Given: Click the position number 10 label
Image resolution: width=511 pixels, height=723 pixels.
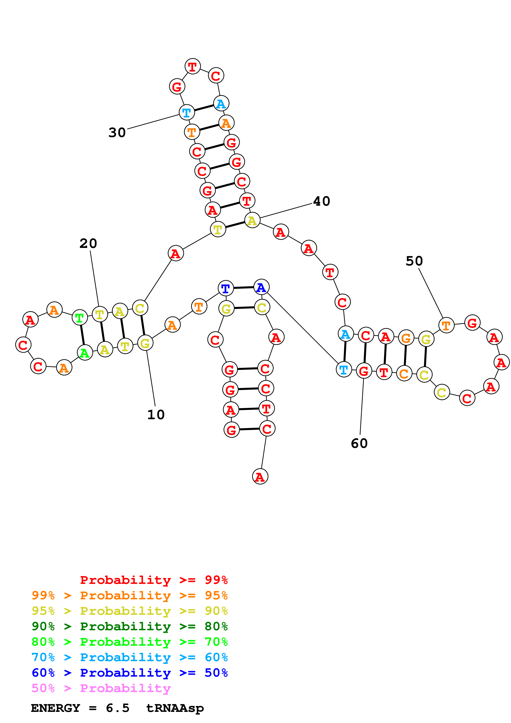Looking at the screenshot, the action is [156, 415].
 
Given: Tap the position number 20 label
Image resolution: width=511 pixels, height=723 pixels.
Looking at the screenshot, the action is [88, 243].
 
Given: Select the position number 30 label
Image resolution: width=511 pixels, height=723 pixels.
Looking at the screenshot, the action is [117, 133].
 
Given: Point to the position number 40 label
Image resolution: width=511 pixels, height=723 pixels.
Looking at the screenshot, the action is [321, 201].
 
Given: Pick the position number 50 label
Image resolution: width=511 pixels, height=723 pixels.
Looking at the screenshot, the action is [414, 261].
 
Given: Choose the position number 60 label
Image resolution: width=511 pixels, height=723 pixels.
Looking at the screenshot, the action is [359, 443].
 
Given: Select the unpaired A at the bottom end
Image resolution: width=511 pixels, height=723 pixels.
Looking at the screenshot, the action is [260, 477].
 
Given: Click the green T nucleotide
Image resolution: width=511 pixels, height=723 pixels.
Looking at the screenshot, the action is [80, 318].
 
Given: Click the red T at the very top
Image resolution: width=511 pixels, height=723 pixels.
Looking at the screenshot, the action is [192, 66].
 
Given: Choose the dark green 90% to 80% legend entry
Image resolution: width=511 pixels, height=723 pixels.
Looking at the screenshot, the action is [129, 626].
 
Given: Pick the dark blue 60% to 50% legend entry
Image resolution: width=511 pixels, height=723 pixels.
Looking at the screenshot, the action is [129, 673].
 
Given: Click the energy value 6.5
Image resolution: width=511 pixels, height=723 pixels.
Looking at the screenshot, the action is [117, 708].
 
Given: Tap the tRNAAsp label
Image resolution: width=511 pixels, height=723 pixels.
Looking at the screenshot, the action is [175, 708].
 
